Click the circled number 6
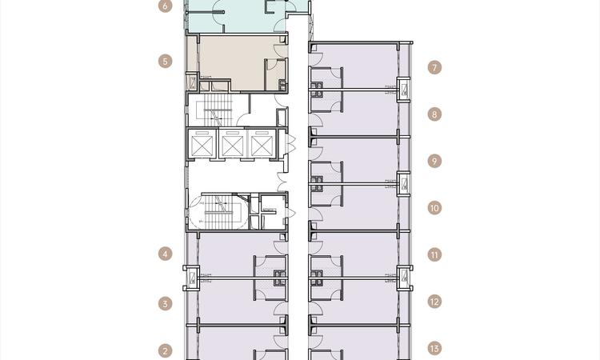click(x=166, y=6)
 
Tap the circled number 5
click(x=166, y=61)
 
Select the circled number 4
click(x=166, y=255)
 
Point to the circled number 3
click(x=166, y=304)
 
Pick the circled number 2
click(x=166, y=350)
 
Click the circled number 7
click(x=434, y=67)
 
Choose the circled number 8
click(x=434, y=114)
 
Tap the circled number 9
click(x=434, y=161)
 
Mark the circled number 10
click(x=434, y=208)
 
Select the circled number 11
click(x=434, y=255)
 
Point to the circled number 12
click(x=434, y=302)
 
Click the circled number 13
click(x=434, y=349)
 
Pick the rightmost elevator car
click(x=262, y=145)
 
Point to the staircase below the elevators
click(x=216, y=211)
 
